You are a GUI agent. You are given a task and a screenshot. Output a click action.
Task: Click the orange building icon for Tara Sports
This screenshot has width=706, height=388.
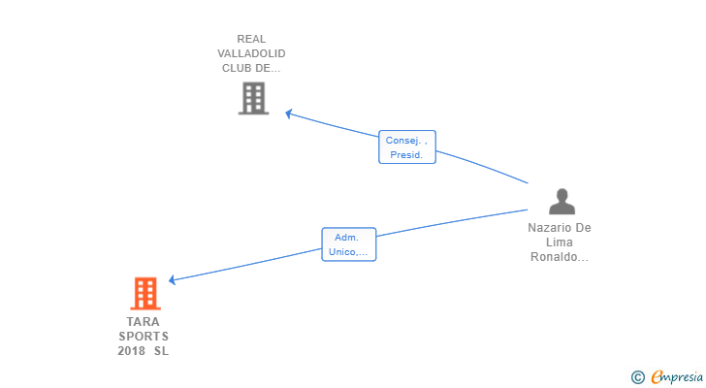pyautogui.click(x=145, y=294)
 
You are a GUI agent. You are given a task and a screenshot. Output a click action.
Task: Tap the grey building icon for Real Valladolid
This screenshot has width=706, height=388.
pyautogui.click(x=253, y=98)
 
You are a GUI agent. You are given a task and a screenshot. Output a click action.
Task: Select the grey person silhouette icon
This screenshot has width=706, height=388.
pyautogui.click(x=562, y=201)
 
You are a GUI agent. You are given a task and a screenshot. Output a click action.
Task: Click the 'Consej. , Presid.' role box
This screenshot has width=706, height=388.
pyautogui.click(x=407, y=147)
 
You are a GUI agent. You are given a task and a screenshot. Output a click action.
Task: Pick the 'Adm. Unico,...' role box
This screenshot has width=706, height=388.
pyautogui.click(x=348, y=244)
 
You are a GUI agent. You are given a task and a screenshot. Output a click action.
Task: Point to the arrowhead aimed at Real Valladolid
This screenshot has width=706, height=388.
pyautogui.click(x=289, y=113)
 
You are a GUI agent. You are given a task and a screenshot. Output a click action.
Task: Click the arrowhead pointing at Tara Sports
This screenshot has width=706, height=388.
pyautogui.click(x=172, y=280)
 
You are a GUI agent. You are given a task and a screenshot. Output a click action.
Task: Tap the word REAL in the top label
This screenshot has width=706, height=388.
pyautogui.click(x=251, y=39)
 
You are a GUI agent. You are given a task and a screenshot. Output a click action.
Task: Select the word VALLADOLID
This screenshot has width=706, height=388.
pyautogui.click(x=251, y=53)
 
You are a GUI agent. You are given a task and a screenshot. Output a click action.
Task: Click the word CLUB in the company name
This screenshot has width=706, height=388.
pyautogui.click(x=237, y=68)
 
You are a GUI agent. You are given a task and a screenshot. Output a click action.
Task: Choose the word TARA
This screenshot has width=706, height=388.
pyautogui.click(x=144, y=322)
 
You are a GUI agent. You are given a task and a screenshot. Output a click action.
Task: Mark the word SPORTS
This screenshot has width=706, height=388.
pyautogui.click(x=144, y=337)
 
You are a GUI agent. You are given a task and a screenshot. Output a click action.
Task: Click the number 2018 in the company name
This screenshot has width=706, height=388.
pyautogui.click(x=132, y=350)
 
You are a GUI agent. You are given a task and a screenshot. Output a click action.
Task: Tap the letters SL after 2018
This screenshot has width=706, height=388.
pyautogui.click(x=161, y=350)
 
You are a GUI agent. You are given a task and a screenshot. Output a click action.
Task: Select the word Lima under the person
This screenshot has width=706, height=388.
pyautogui.click(x=560, y=242)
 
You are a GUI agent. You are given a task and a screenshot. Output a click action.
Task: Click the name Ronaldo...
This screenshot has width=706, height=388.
pyautogui.click(x=560, y=257)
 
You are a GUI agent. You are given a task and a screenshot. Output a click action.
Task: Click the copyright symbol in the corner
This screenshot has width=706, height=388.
pyautogui.click(x=637, y=377)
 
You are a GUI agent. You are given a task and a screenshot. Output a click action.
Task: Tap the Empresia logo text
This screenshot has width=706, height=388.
pyautogui.click(x=677, y=376)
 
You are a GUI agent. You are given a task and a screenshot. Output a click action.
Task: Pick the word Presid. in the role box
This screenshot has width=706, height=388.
pyautogui.click(x=406, y=155)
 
